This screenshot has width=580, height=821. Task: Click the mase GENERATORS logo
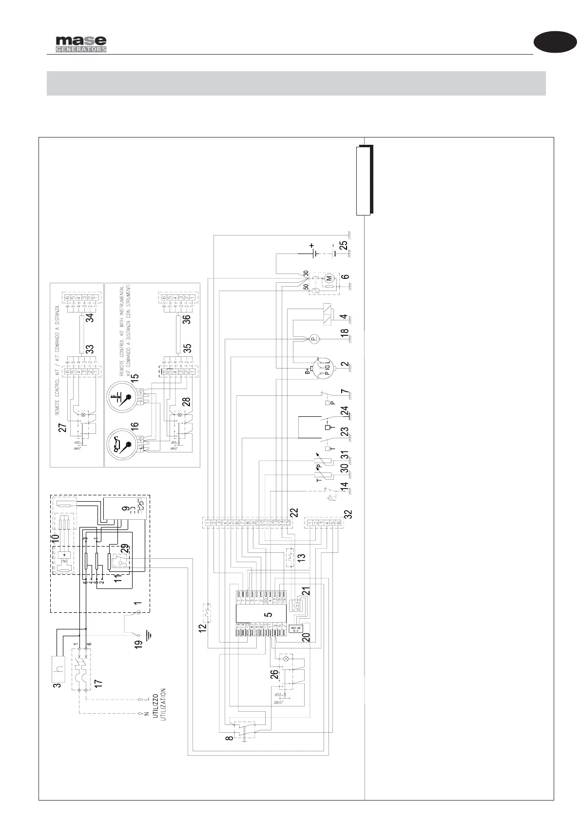click(80, 44)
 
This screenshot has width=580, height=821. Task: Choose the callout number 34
click(89, 319)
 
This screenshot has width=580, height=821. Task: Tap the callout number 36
click(186, 319)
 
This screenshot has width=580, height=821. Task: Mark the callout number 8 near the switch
click(229, 739)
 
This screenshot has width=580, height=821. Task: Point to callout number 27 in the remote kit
click(62, 428)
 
